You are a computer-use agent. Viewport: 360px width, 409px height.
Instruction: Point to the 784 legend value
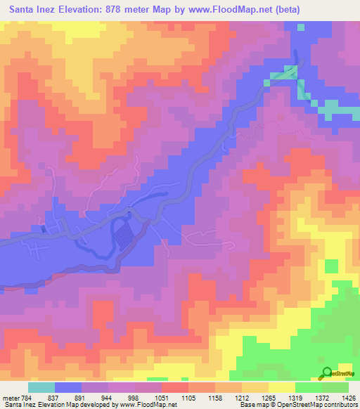(27, 398)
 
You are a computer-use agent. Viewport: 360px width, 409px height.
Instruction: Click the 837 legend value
(62, 398)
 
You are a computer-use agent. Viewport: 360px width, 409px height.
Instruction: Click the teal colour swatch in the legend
(41, 387)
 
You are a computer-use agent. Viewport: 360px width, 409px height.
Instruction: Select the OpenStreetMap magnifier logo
(327, 373)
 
